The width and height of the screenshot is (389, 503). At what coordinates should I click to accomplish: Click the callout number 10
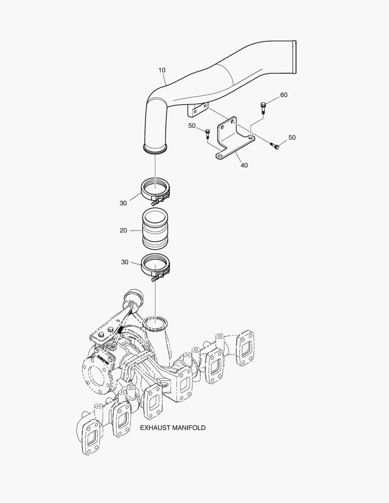click(162, 70)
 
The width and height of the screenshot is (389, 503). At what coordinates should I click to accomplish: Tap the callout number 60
click(284, 95)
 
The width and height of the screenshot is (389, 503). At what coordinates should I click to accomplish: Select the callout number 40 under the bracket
click(244, 165)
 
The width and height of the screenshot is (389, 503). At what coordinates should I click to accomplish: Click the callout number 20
click(123, 230)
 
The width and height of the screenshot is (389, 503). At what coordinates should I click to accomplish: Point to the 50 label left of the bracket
click(192, 126)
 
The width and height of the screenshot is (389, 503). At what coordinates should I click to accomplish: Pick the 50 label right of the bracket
click(292, 137)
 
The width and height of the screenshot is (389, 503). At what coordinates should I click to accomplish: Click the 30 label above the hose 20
click(123, 203)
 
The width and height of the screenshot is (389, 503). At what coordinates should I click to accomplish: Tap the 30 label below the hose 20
click(124, 262)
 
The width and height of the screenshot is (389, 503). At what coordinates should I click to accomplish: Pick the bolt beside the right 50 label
click(275, 146)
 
